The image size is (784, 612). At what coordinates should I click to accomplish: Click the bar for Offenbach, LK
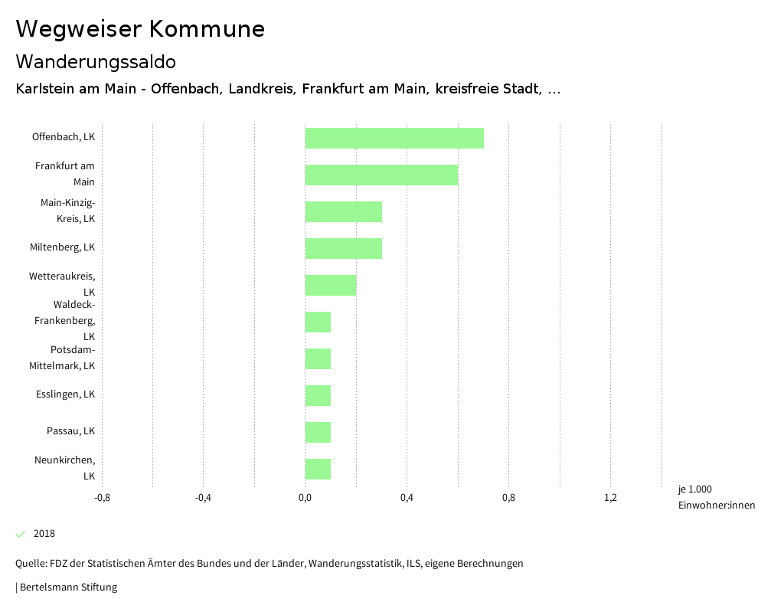click(394, 138)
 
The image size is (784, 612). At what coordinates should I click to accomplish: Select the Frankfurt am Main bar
click(381, 175)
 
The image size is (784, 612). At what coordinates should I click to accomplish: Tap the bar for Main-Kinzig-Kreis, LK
click(344, 211)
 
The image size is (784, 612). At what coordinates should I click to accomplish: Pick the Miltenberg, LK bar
click(344, 248)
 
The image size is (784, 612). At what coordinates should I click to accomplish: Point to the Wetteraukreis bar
click(331, 285)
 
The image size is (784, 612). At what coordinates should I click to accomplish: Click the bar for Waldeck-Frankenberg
click(318, 322)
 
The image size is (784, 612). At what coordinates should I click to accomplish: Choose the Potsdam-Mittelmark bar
click(318, 358)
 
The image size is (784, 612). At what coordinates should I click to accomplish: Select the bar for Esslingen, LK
click(318, 395)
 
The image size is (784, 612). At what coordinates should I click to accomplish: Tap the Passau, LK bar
click(318, 432)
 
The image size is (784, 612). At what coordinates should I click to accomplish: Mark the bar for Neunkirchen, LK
click(318, 469)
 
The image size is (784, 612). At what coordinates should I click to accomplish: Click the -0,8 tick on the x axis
click(102, 498)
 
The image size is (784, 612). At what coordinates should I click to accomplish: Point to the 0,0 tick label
click(305, 498)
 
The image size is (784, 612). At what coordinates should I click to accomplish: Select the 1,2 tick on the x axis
click(610, 498)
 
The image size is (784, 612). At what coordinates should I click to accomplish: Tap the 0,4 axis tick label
click(407, 498)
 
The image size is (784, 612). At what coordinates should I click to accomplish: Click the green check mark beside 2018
click(21, 534)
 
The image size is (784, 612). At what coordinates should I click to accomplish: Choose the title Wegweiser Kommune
click(140, 29)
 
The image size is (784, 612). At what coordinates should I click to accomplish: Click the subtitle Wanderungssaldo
click(96, 61)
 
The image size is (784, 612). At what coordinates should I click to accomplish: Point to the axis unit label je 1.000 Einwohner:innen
click(716, 497)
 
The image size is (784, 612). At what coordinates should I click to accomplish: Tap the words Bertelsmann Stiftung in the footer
click(68, 587)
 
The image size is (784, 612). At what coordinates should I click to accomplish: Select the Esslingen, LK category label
click(65, 394)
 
